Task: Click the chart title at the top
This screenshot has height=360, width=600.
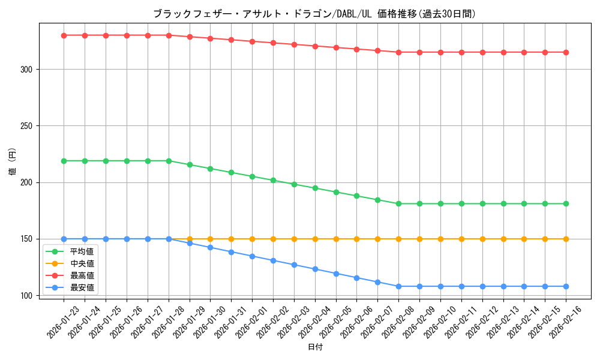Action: click(x=314, y=14)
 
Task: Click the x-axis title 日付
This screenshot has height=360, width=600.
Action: click(x=314, y=347)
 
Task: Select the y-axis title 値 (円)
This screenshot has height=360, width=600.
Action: click(x=13, y=162)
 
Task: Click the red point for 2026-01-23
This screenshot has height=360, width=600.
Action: click(x=64, y=35)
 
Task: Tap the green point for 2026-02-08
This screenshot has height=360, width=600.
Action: click(x=398, y=203)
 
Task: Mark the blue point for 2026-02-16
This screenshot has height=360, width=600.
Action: click(x=566, y=286)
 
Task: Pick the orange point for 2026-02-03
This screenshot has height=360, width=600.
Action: click(x=294, y=239)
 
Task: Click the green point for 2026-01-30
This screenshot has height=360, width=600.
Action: click(x=210, y=169)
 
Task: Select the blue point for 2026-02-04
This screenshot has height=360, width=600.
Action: click(x=315, y=269)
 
